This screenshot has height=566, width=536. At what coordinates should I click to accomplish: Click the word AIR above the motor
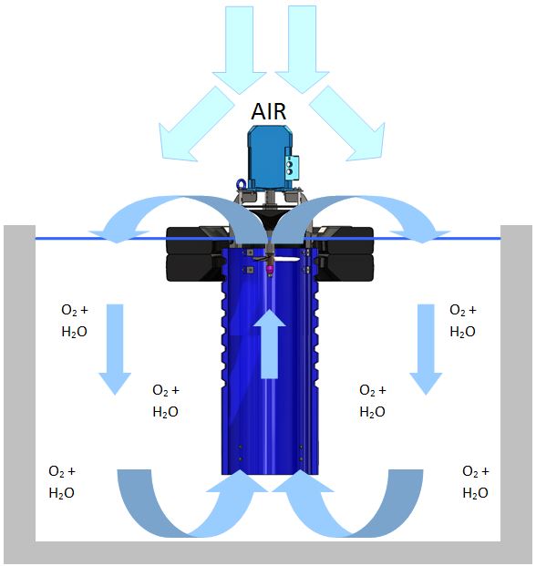coord(269,111)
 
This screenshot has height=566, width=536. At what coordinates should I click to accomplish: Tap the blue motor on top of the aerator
coord(271,158)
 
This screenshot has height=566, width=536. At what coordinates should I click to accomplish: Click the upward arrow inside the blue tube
coord(269,344)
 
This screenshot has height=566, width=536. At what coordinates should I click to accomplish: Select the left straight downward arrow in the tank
coord(115,349)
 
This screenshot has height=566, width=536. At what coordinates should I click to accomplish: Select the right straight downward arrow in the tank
coord(426,349)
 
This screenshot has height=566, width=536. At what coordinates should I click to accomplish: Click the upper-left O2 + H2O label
coord(75,321)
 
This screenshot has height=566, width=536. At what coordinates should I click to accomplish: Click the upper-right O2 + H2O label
coord(463,321)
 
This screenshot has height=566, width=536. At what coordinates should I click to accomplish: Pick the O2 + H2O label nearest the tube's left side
coord(166,401)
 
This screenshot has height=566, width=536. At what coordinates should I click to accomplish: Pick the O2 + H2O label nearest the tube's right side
coord(373,401)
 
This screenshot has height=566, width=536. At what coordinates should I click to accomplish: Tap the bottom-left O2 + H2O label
coord(62,482)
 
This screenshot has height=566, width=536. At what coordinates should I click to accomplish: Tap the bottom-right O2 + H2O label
coord(475,482)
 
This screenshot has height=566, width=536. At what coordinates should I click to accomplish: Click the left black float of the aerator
coord(195,254)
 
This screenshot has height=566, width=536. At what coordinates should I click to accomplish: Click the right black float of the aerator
coord(345,254)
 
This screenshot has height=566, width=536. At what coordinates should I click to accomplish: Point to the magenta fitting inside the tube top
coord(269,269)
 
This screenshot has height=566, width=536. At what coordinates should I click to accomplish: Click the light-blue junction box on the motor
coord(292,167)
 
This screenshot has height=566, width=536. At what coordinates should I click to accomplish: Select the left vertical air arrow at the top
coord(240,50)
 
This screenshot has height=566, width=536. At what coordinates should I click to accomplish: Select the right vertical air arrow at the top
coord(302,50)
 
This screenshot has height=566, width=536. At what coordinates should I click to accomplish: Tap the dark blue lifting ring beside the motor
coord(241,184)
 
